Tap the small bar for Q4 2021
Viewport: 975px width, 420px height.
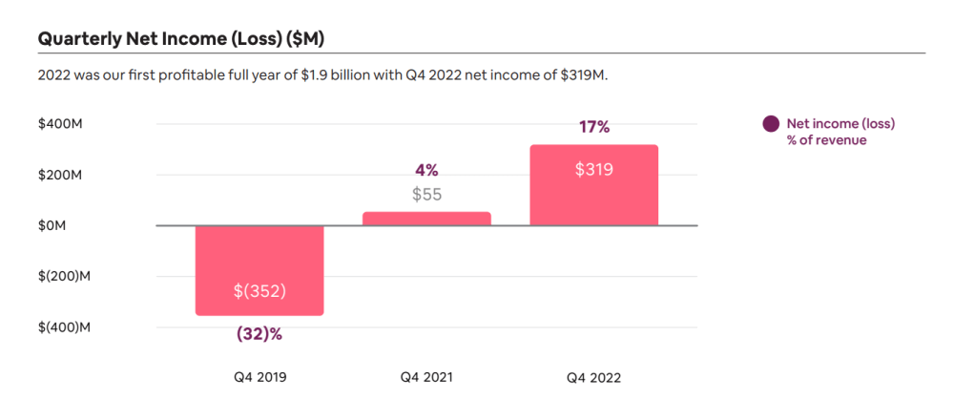point(426,219)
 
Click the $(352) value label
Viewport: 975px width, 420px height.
point(259,291)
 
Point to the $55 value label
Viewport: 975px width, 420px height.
point(426,195)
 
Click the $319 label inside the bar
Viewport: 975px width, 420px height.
point(593,170)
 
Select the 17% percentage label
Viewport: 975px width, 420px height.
point(593,127)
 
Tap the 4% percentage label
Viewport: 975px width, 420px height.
point(426,170)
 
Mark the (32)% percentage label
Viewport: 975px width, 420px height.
point(259,334)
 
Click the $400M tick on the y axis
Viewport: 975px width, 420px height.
point(59,124)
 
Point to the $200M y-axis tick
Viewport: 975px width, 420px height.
point(59,175)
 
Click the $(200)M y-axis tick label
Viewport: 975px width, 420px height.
point(64,277)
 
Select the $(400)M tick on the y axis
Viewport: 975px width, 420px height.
point(64,327)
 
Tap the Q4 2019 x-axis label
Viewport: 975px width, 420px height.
point(259,377)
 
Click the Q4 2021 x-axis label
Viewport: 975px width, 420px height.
point(426,377)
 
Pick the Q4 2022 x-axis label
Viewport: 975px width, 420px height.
point(593,377)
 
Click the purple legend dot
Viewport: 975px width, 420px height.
point(770,124)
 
